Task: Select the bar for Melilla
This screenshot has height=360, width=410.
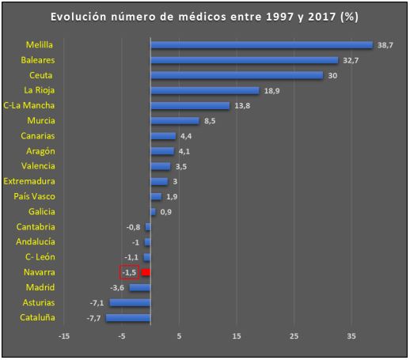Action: pyautogui.click(x=261, y=45)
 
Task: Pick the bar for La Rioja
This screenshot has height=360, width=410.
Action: pyautogui.click(x=204, y=90)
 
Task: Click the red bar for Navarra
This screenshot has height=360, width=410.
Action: pyautogui.click(x=146, y=272)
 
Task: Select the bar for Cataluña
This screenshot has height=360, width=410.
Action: pyautogui.click(x=128, y=317)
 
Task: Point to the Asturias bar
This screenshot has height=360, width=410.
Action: pyautogui.click(x=130, y=302)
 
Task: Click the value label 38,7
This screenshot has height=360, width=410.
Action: pyautogui.click(x=385, y=45)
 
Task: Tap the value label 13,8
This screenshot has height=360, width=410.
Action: pyautogui.click(x=242, y=106)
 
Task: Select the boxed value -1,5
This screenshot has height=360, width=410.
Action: pyautogui.click(x=130, y=272)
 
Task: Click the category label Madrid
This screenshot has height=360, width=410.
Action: pyautogui.click(x=40, y=287)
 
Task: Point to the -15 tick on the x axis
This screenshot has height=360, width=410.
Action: pyautogui.click(x=64, y=335)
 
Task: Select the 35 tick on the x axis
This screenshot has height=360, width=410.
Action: pyautogui.click(x=351, y=335)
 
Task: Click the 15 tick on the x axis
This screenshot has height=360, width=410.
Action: pyautogui.click(x=237, y=335)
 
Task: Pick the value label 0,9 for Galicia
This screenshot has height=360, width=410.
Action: pyautogui.click(x=166, y=212)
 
